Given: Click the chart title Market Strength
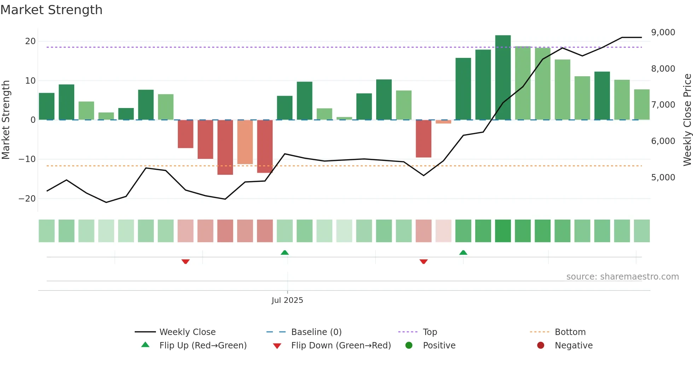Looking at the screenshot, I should tap(51, 10).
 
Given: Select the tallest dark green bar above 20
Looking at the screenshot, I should tap(503, 78).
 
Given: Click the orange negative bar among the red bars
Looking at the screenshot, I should tap(245, 142).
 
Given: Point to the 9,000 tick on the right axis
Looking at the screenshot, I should tap(663, 32).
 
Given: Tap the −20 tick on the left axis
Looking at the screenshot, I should tap(27, 199).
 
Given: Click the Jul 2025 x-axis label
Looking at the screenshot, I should tap(287, 300).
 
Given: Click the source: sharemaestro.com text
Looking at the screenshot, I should tap(622, 277).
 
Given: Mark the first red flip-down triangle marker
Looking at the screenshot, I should tap(186, 262).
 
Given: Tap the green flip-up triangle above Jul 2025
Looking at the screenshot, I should tap(285, 252).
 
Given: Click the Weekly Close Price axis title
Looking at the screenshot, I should tap(687, 120).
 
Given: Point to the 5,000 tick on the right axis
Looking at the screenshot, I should tap(663, 178).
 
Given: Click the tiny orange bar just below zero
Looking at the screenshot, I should tap(443, 122).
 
